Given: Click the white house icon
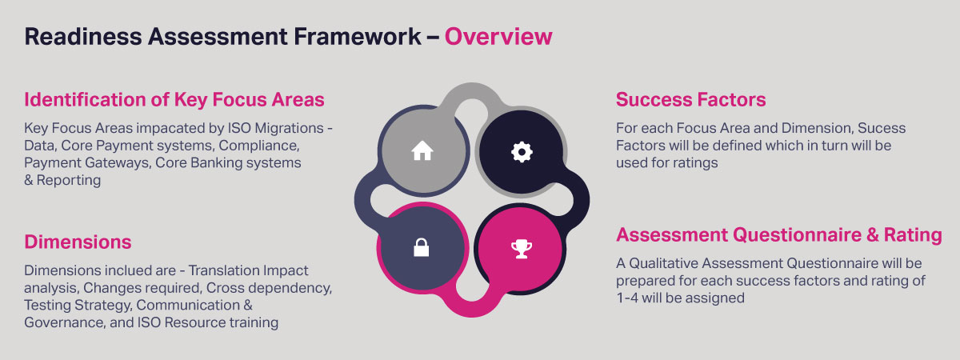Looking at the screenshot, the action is (x=422, y=150).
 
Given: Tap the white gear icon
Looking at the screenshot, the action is (x=522, y=152).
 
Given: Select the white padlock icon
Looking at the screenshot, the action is (x=422, y=247).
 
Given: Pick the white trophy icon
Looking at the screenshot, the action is (x=522, y=249).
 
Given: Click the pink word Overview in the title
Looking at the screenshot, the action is (x=498, y=37).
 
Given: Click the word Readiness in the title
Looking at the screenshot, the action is (x=83, y=37).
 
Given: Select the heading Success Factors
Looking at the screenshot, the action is (x=691, y=99).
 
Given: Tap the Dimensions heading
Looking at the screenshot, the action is (x=78, y=242).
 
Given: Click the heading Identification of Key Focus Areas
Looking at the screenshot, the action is (x=174, y=99).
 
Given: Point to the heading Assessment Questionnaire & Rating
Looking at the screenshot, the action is (x=779, y=235).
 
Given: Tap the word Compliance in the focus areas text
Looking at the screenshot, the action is (x=259, y=146).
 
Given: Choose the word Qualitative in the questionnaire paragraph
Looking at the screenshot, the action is (x=660, y=263).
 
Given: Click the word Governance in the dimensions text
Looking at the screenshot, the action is (x=65, y=322).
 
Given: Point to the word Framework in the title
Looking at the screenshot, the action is (x=358, y=37).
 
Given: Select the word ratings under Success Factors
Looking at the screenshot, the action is (x=697, y=163).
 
